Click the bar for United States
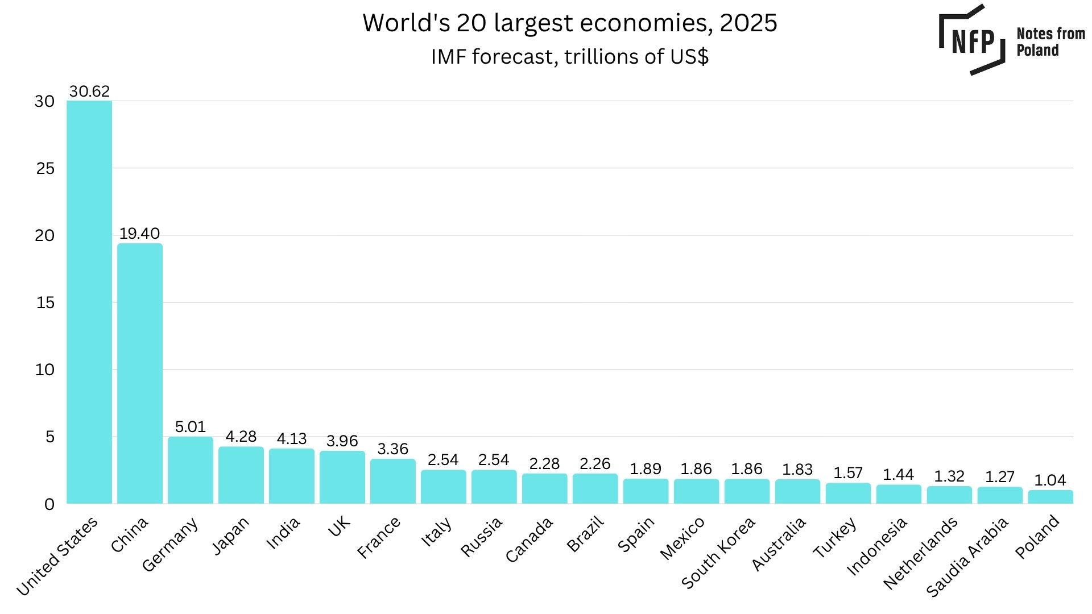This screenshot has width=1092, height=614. (x=89, y=301)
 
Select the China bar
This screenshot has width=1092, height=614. (x=140, y=374)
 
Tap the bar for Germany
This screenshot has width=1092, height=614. (x=191, y=470)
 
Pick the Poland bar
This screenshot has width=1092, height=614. (x=1050, y=497)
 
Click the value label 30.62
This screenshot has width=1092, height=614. (x=89, y=91)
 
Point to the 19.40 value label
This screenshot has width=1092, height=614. (x=139, y=233)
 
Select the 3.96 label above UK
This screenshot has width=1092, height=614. (x=342, y=441)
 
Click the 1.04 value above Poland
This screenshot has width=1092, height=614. (x=1050, y=480)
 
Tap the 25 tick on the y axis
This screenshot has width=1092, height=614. (x=45, y=168)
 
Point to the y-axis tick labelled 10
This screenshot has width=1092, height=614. (x=45, y=370)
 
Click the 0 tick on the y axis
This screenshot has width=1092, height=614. (x=49, y=504)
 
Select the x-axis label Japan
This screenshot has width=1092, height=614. (x=230, y=536)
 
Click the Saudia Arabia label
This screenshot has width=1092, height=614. (x=967, y=557)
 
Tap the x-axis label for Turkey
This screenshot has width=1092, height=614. (x=835, y=538)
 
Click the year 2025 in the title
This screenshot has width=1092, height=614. (x=748, y=23)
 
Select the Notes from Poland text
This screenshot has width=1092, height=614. (x=1050, y=42)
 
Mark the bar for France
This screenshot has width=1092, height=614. (x=393, y=481)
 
